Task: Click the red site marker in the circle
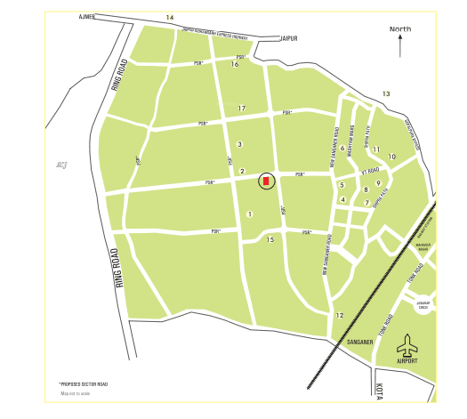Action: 265,181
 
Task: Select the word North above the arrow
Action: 400,29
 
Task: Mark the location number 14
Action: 169,17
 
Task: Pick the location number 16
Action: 235,64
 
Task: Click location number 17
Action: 241,109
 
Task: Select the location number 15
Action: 270,239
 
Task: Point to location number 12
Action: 339,315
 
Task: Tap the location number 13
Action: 386,93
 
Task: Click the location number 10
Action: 391,157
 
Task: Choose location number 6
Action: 342,149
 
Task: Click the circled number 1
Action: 251,214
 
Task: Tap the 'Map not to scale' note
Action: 75,393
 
